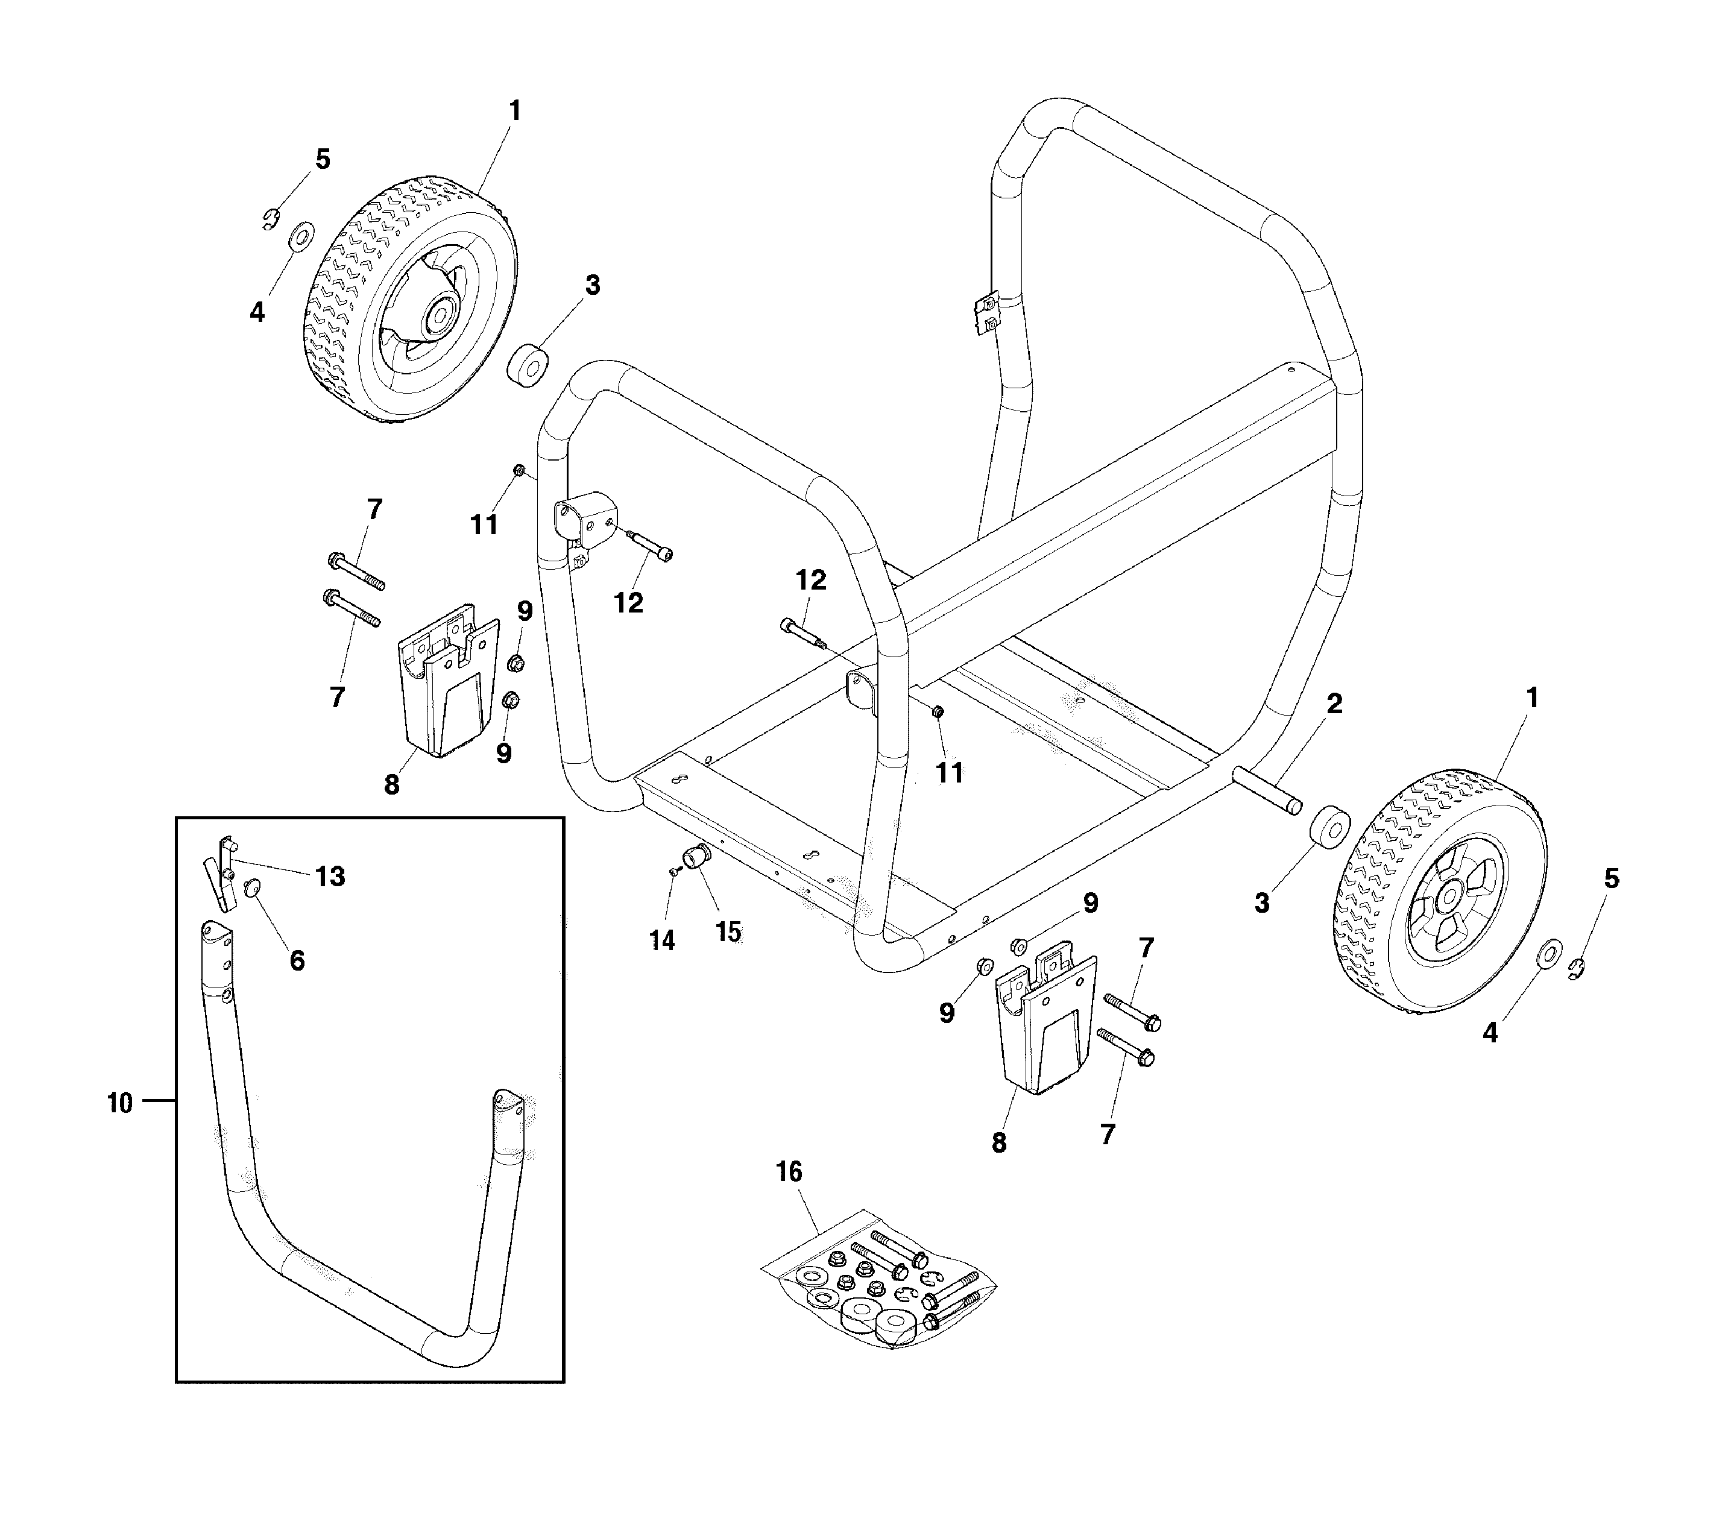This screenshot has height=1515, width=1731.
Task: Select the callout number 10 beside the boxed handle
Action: [120, 1103]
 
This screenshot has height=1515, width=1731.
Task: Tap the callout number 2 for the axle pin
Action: [1334, 704]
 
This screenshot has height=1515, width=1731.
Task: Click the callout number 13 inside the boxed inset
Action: [330, 877]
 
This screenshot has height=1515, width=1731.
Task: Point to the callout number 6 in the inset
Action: [297, 960]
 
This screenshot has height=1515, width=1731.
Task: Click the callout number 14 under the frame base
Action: [662, 940]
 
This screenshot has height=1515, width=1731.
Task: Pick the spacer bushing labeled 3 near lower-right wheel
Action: [1329, 825]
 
